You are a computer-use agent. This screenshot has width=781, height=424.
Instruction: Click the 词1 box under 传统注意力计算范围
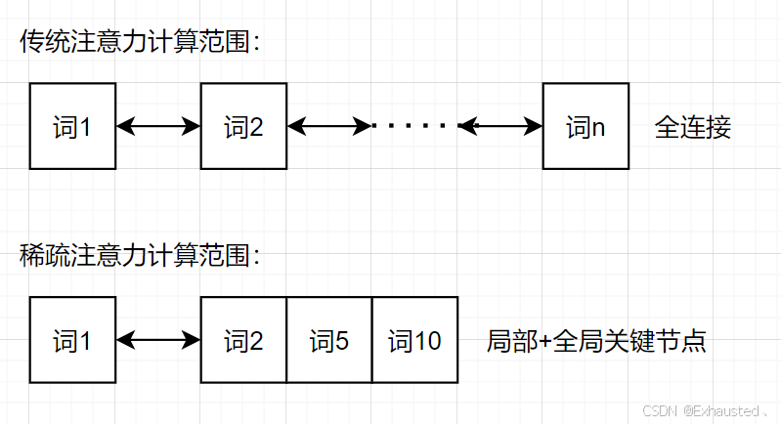tap(73, 126)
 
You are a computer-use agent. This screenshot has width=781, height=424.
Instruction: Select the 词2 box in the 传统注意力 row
tap(243, 126)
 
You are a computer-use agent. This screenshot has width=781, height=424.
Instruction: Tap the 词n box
tap(586, 126)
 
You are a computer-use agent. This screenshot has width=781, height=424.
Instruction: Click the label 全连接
tap(692, 127)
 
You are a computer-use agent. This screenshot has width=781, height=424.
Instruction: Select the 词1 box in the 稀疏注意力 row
tap(73, 340)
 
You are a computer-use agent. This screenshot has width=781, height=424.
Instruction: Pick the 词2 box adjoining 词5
tap(243, 340)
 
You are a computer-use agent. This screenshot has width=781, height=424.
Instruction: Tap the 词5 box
tap(329, 340)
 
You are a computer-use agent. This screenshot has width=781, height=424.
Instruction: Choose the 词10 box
tap(414, 340)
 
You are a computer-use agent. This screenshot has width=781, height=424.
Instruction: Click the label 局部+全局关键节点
tap(595, 341)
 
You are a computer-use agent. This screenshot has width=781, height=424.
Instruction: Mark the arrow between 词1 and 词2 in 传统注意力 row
tap(158, 126)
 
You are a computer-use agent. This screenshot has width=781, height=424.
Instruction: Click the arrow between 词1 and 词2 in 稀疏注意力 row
tap(158, 340)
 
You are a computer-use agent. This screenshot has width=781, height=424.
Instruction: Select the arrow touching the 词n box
tap(501, 126)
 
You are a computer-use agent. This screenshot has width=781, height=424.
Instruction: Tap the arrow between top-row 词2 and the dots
tap(328, 126)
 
